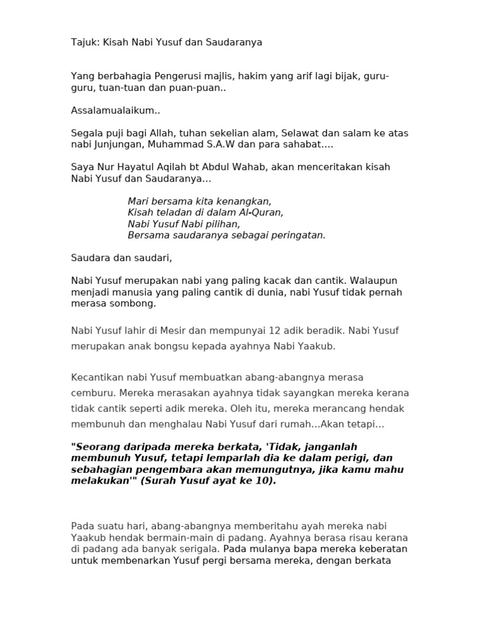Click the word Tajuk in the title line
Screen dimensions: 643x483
coord(84,42)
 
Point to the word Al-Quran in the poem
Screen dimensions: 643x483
coord(264,212)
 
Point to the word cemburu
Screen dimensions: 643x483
coord(91,393)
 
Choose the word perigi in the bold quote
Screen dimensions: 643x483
coord(352,458)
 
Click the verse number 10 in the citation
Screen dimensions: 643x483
coord(263,480)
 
